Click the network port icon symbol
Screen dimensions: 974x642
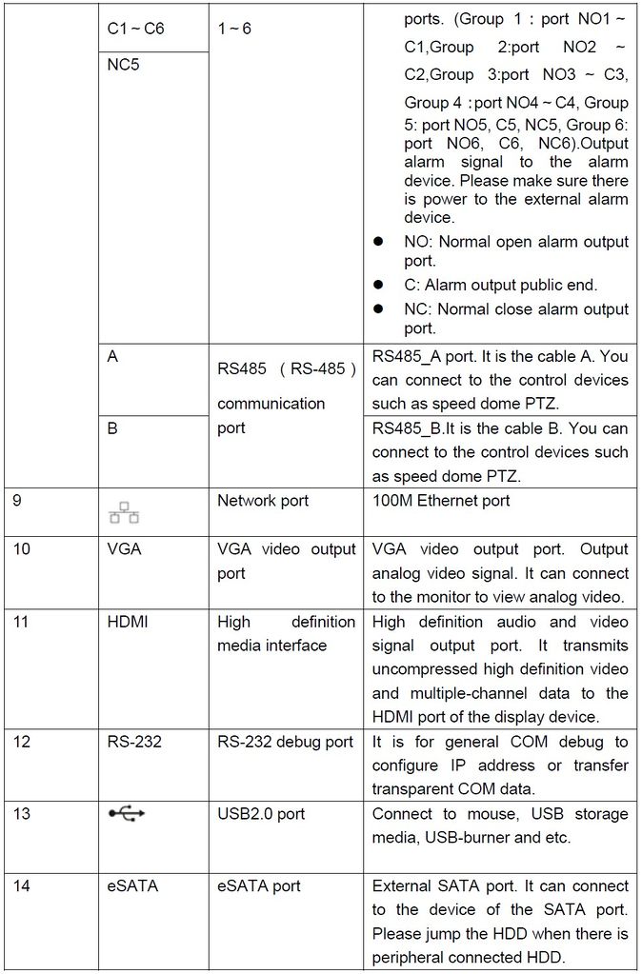click(124, 513)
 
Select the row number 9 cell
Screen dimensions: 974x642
click(18, 500)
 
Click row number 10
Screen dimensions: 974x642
click(22, 549)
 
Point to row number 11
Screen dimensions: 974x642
click(21, 622)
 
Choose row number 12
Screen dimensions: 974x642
click(22, 742)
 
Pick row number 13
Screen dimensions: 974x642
click(22, 814)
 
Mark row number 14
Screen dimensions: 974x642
click(22, 886)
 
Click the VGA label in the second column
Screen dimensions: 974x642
click(124, 549)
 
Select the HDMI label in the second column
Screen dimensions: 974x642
click(128, 622)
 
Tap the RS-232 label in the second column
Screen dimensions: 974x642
click(134, 742)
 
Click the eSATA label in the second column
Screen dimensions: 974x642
click(132, 886)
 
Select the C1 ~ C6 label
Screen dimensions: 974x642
click(135, 29)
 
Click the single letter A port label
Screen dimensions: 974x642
click(112, 358)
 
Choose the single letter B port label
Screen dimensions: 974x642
click(112, 429)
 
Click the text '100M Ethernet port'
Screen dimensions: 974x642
click(440, 501)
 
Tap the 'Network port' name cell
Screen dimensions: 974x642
click(263, 501)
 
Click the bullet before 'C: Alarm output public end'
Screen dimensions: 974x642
click(378, 285)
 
